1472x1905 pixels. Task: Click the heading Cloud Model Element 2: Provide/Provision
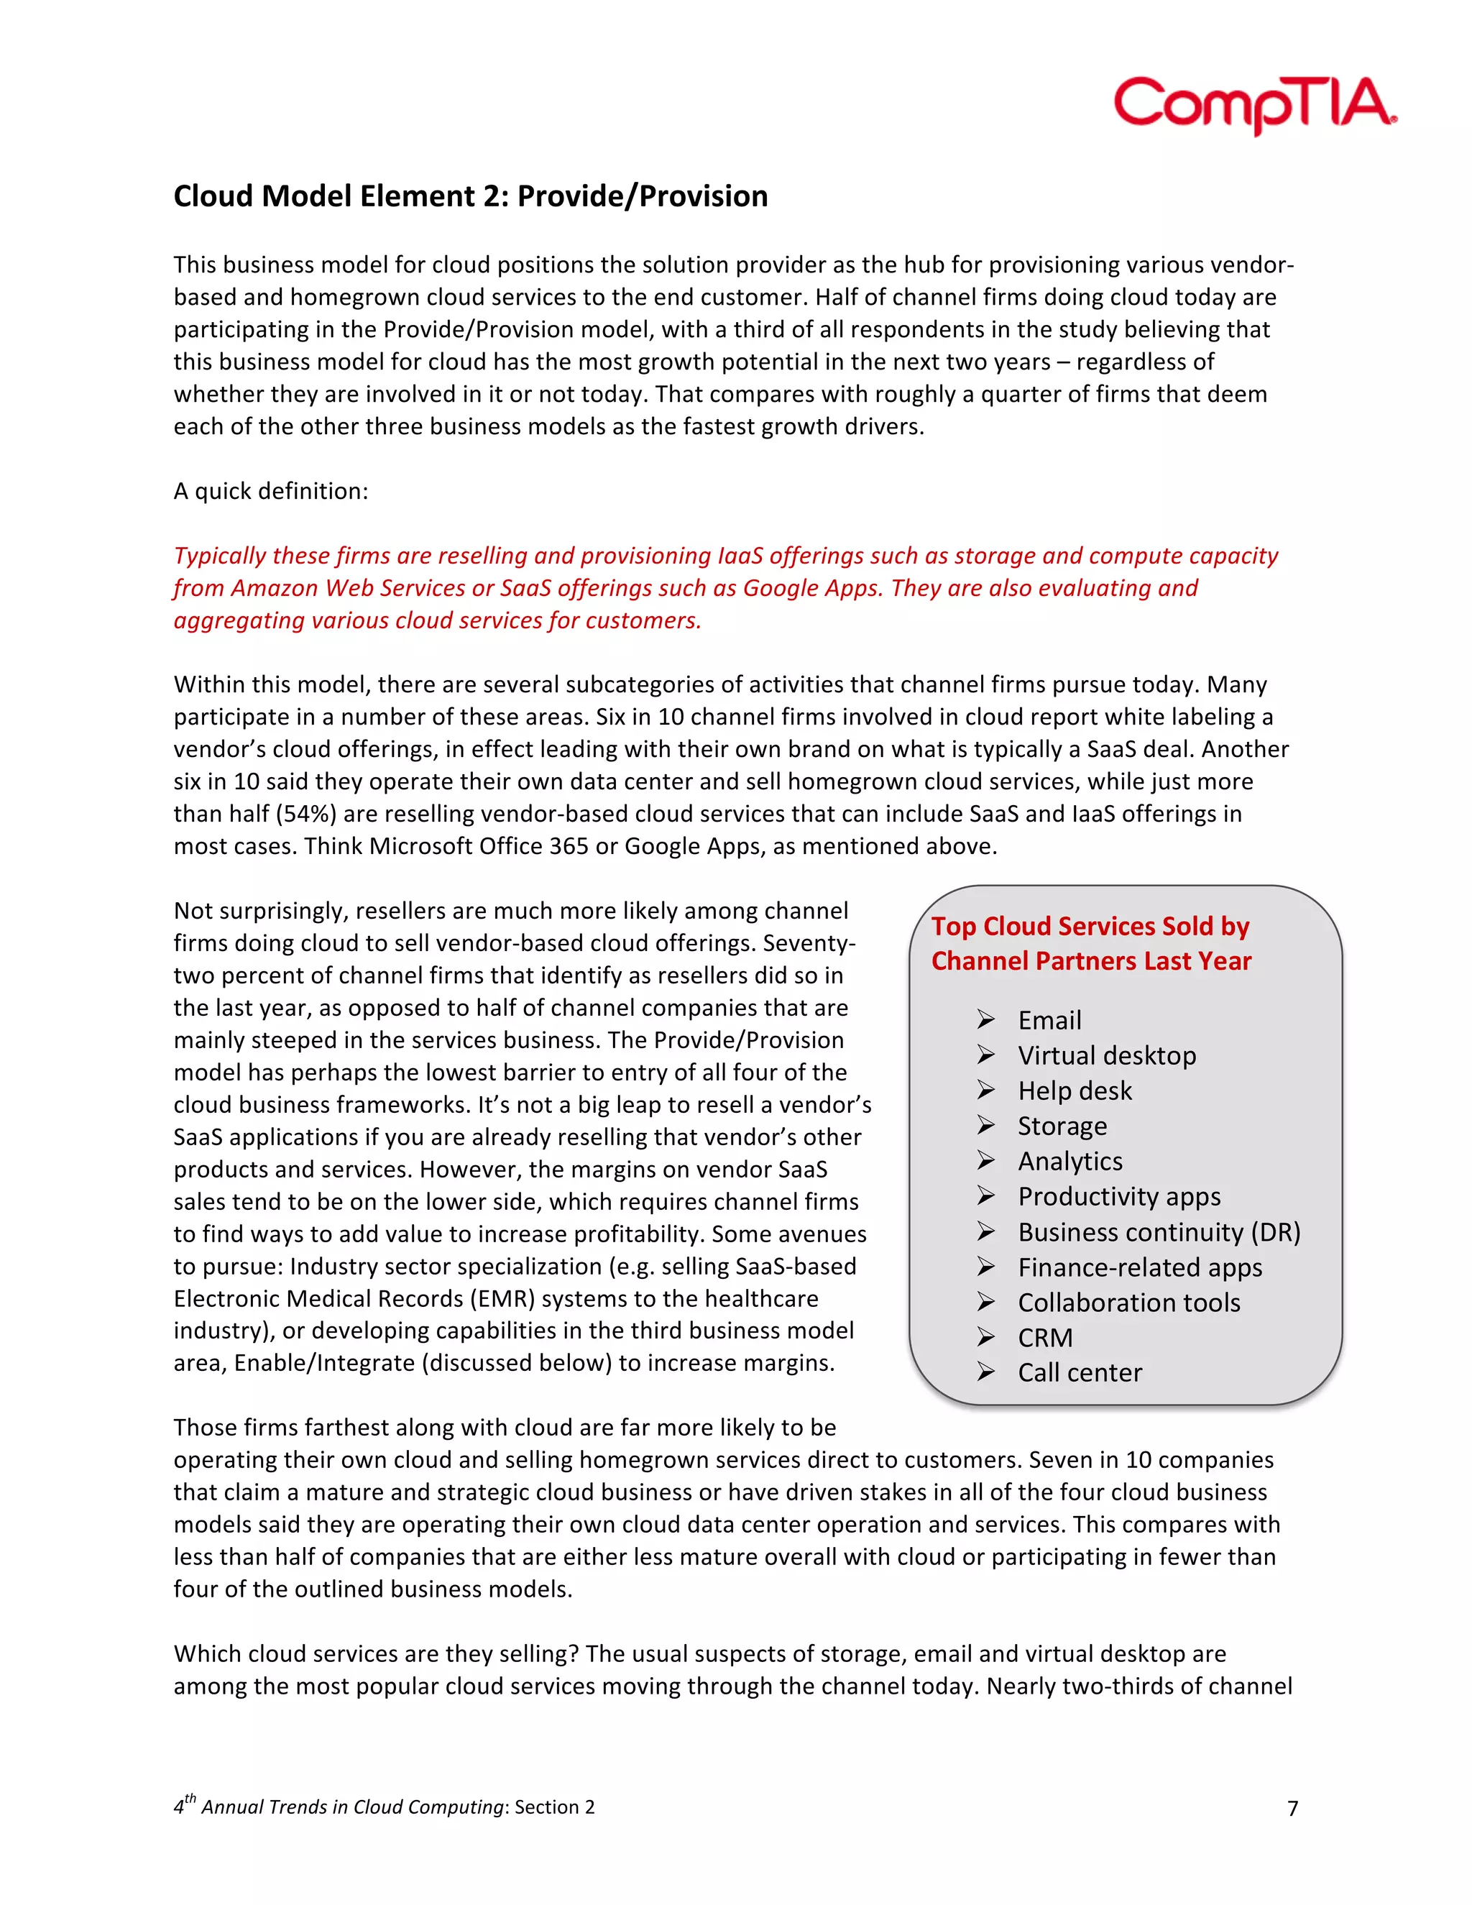[470, 196]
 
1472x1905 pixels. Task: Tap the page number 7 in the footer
[1292, 1808]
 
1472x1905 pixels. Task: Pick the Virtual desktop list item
[1107, 1055]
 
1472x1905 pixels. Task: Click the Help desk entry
[1075, 1091]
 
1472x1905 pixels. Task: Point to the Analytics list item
[1070, 1161]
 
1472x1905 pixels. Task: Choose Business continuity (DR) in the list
[1159, 1231]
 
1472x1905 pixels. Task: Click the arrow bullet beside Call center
[985, 1372]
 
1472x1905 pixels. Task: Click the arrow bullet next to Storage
[985, 1125]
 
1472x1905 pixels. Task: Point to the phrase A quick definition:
[270, 491]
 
